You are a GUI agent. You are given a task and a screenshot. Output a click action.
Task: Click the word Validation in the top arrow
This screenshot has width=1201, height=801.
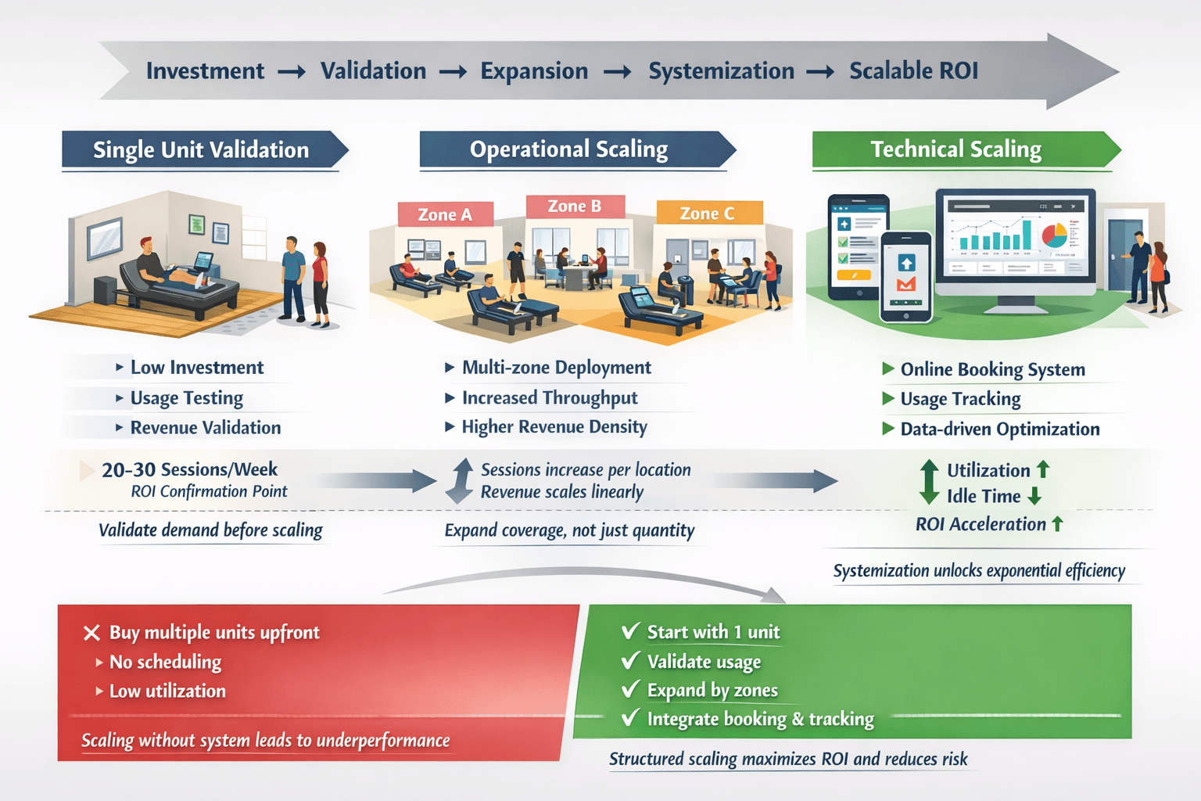coord(373,71)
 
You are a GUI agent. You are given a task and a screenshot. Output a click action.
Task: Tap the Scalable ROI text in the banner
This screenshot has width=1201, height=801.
coord(913,71)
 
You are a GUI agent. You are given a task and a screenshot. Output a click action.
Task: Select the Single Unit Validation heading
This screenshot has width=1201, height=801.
coord(201,150)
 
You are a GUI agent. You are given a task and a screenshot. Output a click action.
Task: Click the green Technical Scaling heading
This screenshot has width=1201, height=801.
coord(955,149)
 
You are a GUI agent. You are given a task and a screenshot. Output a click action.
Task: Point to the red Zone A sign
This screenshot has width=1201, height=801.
coord(445,214)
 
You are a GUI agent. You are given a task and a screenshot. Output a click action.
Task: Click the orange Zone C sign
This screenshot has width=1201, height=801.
coord(708,213)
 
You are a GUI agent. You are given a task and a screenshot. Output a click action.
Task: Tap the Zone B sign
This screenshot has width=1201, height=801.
coord(575,207)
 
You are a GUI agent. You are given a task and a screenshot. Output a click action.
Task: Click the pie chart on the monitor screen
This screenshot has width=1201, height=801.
coord(1053,233)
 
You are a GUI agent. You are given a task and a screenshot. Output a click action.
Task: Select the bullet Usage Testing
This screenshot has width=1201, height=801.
coord(186,398)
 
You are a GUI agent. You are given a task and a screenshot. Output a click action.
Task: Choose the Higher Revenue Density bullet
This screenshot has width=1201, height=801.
coord(554,427)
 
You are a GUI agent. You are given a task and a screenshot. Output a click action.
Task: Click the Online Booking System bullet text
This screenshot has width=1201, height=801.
coord(992,369)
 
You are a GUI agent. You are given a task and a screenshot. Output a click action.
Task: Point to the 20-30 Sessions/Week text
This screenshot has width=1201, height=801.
coord(189,469)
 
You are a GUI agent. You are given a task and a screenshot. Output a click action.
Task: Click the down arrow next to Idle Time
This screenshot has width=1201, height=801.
coord(1034,496)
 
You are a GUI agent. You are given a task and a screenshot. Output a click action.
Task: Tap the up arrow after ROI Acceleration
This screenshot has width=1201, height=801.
coord(1057,524)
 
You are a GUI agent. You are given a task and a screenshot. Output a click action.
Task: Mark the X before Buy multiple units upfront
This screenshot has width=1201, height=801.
coord(91,633)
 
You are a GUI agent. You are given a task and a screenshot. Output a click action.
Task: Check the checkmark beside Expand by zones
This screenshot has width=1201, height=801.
coord(630,689)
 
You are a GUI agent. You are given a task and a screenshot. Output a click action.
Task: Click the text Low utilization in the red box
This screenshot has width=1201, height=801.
coord(167,691)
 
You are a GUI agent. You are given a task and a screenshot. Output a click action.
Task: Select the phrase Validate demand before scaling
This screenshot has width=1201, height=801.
coord(210,530)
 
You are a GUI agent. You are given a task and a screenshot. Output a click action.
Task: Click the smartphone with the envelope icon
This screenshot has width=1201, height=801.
coord(906,277)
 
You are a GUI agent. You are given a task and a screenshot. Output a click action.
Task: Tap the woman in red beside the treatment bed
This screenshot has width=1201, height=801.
coord(320,282)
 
